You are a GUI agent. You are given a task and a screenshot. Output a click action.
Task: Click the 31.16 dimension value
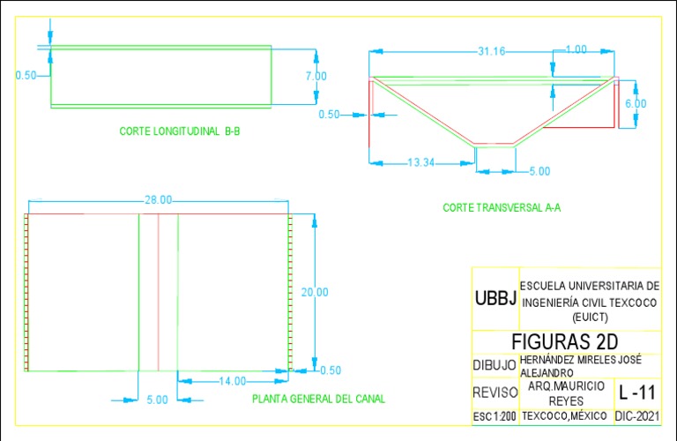pos(491,52)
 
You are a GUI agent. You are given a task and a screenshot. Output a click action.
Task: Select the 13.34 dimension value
pos(420,162)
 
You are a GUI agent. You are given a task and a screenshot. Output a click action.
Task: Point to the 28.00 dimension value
pos(159,200)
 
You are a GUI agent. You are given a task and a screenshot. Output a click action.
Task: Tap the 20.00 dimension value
pos(314,292)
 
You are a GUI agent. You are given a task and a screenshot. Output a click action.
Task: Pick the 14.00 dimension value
pos(233,381)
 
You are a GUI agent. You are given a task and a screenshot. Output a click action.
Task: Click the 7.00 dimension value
pos(316,77)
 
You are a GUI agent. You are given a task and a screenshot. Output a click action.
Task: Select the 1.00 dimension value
pos(576,50)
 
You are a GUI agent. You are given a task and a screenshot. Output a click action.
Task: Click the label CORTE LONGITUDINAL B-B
pos(180,131)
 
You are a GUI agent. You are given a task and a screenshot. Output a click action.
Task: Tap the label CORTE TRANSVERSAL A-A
pos(502,208)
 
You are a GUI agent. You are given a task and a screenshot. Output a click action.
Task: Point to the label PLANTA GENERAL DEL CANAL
pos(318,399)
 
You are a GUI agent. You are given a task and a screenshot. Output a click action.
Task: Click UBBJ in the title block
pos(495,298)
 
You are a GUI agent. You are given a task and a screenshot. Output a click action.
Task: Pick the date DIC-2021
pos(636,415)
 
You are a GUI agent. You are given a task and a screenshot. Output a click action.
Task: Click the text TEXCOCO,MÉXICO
pos(565,415)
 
